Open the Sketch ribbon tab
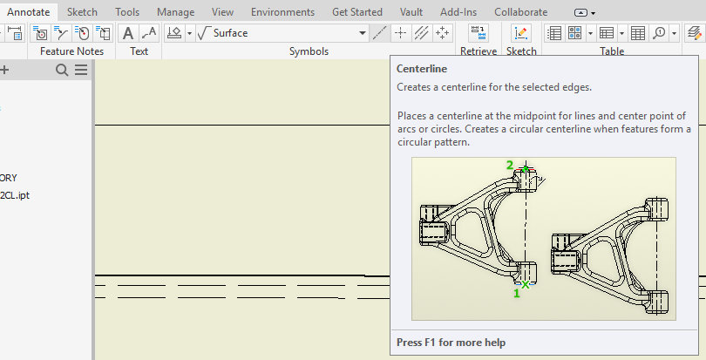click(x=82, y=12)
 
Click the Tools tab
click(x=127, y=12)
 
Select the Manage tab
click(x=174, y=12)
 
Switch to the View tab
click(x=222, y=12)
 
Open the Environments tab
click(x=282, y=12)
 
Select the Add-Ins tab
click(x=459, y=12)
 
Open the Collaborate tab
click(x=520, y=12)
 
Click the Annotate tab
click(x=29, y=12)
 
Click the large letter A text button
click(x=128, y=33)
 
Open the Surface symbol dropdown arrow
click(x=363, y=33)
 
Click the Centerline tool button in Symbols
click(x=378, y=33)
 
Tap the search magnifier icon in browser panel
click(x=62, y=71)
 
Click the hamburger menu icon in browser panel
click(x=80, y=71)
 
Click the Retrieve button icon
click(x=479, y=33)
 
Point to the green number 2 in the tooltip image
click(x=510, y=165)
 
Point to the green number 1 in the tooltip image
click(x=516, y=294)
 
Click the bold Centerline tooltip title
click(x=423, y=69)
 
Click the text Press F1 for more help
click(x=451, y=343)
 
